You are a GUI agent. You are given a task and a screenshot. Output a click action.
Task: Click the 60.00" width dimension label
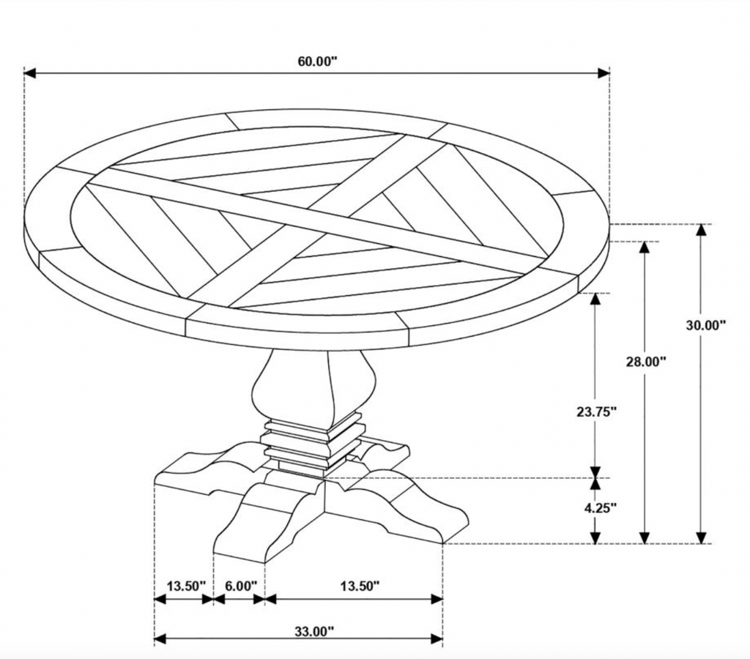(x=318, y=62)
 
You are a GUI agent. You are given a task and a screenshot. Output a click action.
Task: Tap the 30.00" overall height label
(x=706, y=325)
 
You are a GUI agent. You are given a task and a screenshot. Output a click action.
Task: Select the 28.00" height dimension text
(x=646, y=362)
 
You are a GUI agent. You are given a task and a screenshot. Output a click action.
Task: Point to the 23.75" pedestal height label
(x=596, y=412)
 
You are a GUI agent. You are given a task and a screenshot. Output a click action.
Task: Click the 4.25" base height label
(x=600, y=507)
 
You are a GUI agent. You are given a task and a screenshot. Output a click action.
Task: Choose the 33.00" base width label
(x=313, y=632)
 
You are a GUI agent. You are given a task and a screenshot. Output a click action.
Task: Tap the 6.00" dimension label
(x=241, y=586)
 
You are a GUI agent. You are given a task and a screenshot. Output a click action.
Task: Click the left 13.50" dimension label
(x=186, y=586)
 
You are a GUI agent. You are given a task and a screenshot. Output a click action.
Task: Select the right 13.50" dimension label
(x=360, y=586)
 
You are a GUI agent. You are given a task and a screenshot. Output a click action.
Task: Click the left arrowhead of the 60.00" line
(x=29, y=73)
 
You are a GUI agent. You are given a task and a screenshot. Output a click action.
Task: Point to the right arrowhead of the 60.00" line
(x=604, y=73)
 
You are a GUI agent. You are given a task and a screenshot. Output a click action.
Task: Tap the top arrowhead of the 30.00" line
(x=701, y=230)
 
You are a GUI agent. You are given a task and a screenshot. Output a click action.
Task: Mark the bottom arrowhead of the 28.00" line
(x=645, y=537)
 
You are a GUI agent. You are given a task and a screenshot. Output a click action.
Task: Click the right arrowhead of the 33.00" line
(x=437, y=638)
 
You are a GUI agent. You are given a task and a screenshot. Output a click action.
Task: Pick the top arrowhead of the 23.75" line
(x=595, y=299)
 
